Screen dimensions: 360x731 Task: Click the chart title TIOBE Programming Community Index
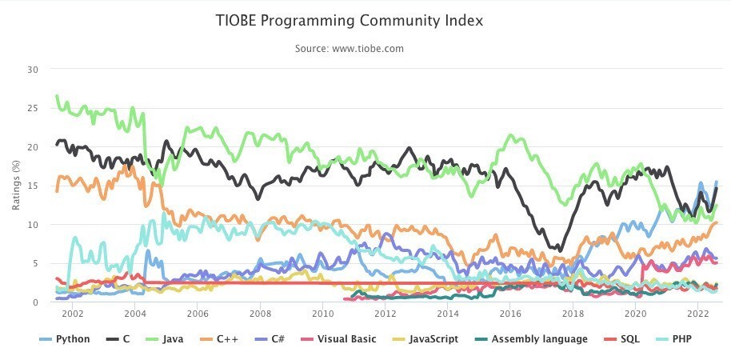(349, 21)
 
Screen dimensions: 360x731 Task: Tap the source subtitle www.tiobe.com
(349, 49)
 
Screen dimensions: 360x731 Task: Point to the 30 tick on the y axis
(33, 70)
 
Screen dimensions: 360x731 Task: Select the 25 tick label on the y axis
(33, 109)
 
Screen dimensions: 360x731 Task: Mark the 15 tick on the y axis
(33, 186)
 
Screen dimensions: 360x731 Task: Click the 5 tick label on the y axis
(35, 264)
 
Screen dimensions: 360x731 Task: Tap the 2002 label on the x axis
(73, 315)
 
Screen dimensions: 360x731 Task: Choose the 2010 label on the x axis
(322, 315)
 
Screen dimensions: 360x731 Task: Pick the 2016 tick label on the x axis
(510, 315)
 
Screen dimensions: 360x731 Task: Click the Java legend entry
(166, 339)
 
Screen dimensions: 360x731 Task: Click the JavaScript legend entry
(425, 339)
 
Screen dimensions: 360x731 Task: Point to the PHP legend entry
(673, 339)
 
